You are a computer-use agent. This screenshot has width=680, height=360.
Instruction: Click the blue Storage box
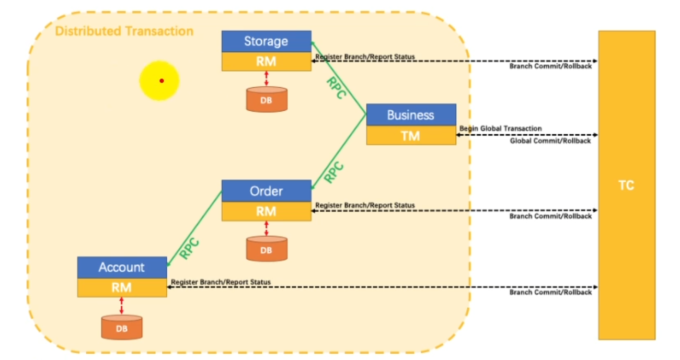coord(266,41)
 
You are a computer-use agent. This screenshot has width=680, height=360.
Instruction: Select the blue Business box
coord(410,115)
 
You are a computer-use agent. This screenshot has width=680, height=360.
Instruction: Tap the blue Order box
coord(266,191)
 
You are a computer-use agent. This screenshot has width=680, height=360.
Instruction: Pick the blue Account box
coord(122,268)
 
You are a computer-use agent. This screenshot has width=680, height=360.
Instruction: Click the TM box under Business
coord(410,135)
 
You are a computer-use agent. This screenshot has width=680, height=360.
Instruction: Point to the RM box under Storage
coord(266,62)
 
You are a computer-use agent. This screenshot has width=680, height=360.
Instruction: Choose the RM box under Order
coord(266,211)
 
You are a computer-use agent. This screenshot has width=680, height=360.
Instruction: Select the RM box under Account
coord(122,287)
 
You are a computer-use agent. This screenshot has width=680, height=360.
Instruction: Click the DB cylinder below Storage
coord(267,99)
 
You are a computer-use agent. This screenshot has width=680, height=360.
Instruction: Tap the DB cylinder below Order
coord(267,249)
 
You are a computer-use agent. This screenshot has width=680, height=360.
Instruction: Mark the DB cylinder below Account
coord(122,327)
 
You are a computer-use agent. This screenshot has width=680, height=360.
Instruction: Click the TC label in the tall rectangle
coord(626,185)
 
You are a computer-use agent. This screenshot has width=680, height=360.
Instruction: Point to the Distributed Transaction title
coord(124,31)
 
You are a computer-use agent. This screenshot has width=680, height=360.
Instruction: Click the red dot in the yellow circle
coord(162,80)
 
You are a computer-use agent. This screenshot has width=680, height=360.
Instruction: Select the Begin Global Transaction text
coord(500,129)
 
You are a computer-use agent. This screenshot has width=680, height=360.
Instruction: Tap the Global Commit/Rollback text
coord(550,141)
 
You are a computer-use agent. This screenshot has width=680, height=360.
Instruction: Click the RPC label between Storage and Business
coord(336,88)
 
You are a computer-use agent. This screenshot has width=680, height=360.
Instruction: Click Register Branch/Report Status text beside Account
coord(221,282)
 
